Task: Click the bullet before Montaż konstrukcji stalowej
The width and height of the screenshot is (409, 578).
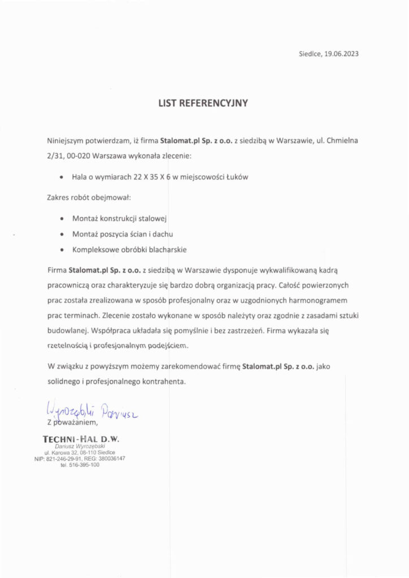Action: (x=61, y=218)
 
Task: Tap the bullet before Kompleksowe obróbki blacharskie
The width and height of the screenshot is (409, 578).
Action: (x=61, y=249)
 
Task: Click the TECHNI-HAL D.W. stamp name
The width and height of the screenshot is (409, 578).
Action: (x=81, y=439)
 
